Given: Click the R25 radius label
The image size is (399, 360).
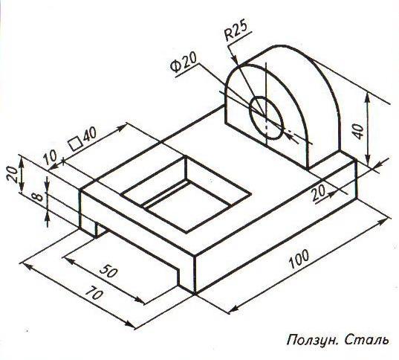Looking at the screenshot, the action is pos(236,30).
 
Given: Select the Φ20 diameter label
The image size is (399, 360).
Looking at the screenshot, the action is pos(184,62).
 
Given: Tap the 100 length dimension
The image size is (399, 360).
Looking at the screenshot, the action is pos(299,259).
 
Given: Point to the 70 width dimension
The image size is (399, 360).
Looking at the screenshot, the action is pos(94,293).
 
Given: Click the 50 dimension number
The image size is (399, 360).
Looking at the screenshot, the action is pos(108,271).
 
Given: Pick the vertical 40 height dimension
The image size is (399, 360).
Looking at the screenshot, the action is pos(359,132).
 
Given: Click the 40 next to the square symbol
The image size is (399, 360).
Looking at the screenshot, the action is pos(90,135).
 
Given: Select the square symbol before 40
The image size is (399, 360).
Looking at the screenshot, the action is pos(76,144).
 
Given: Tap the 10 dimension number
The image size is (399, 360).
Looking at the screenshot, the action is pos(50,158).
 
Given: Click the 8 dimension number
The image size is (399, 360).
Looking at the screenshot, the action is pos(38,197).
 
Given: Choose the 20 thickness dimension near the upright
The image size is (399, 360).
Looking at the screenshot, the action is pos(319,193).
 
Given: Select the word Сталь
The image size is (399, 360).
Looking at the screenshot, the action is pos(367,341).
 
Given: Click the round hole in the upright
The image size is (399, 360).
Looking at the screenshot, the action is pos(266,118).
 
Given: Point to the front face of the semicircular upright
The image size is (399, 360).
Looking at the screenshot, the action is pos(267,120).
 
